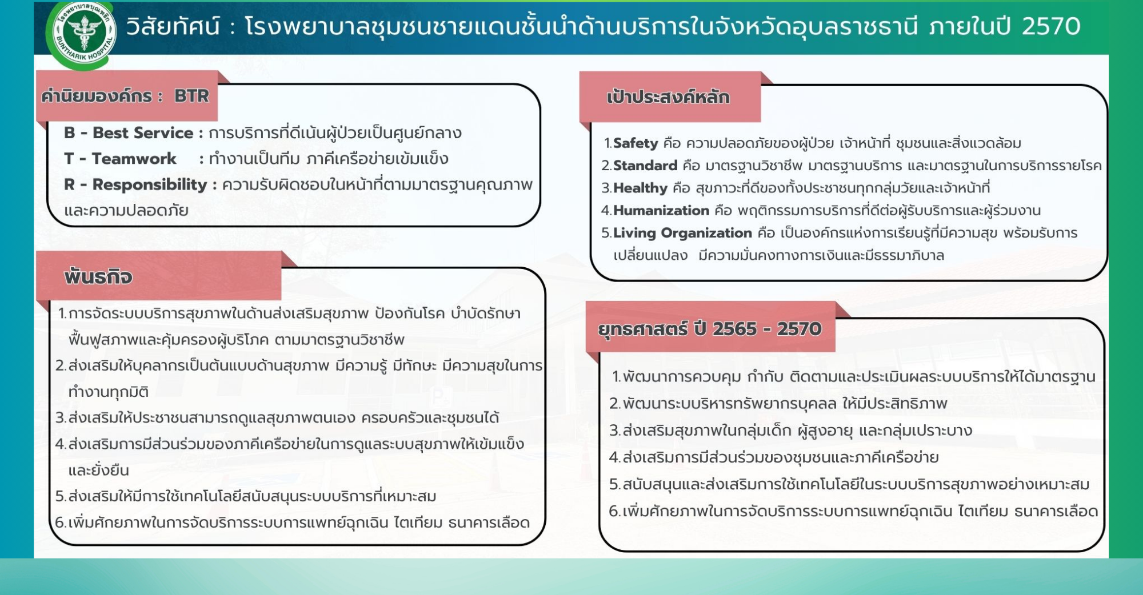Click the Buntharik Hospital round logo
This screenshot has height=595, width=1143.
click(x=83, y=34)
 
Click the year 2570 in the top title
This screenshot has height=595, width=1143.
click(x=1051, y=26)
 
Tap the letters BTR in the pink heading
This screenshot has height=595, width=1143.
click(x=191, y=96)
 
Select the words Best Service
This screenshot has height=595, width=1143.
click(x=143, y=133)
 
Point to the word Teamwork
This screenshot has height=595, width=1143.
click(x=134, y=159)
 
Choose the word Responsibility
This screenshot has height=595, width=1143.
click(x=150, y=185)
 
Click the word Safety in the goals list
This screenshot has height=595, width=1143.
click(x=636, y=143)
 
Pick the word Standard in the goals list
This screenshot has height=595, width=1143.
click(x=645, y=166)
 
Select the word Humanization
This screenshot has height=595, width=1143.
click(x=661, y=211)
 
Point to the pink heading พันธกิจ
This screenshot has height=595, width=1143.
click(x=98, y=277)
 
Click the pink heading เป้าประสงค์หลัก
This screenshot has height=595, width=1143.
click(x=668, y=97)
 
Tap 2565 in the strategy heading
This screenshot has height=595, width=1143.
click(x=734, y=329)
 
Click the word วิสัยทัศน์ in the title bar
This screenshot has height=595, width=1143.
click(x=173, y=26)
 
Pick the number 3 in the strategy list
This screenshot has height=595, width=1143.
click(x=614, y=431)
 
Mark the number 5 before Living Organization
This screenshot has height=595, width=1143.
click(x=605, y=233)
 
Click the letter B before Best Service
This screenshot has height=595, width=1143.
click(x=70, y=133)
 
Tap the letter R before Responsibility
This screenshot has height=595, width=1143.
click(x=70, y=185)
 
